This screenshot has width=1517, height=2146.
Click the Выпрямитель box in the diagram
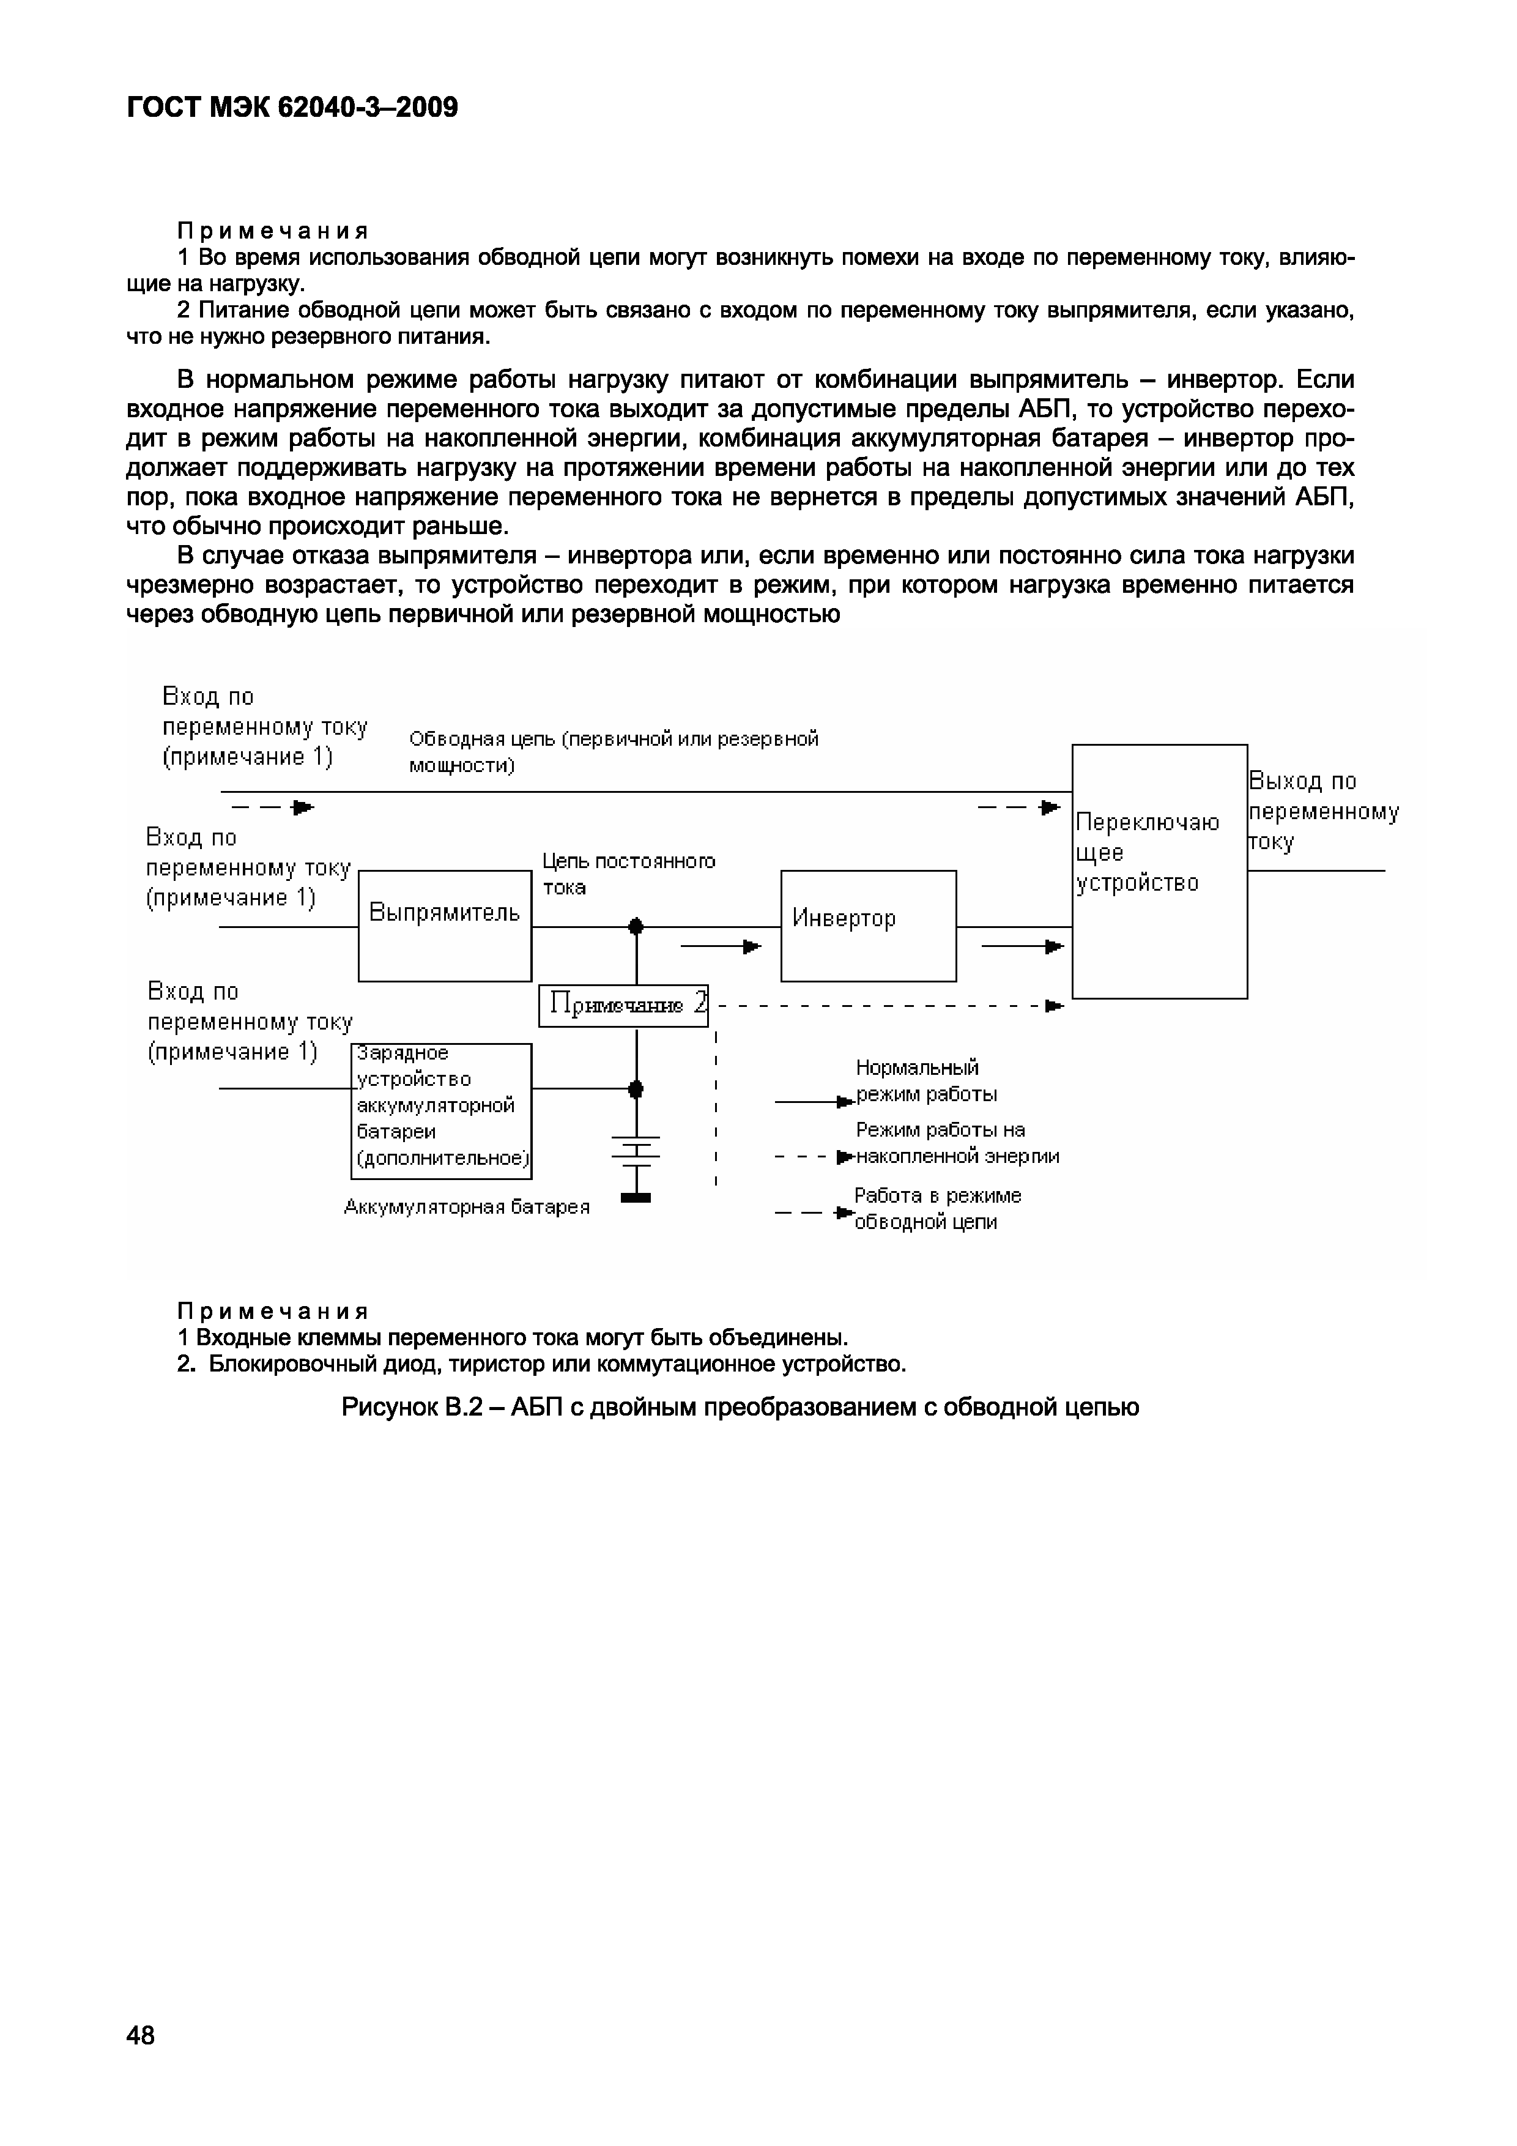tap(445, 926)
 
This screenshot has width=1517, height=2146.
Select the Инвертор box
tap(869, 926)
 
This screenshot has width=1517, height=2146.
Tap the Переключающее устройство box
tap(1159, 871)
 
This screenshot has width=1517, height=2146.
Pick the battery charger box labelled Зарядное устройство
tap(441, 1110)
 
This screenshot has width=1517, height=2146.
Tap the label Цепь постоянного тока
tap(629, 874)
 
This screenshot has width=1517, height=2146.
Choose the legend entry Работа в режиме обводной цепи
tap(938, 1209)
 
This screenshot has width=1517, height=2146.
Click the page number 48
tap(141, 2035)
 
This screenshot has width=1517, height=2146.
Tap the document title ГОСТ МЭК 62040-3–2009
tap(292, 108)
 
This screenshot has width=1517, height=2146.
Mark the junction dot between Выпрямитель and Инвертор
tap(637, 926)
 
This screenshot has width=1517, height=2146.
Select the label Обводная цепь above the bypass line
tap(613, 751)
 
